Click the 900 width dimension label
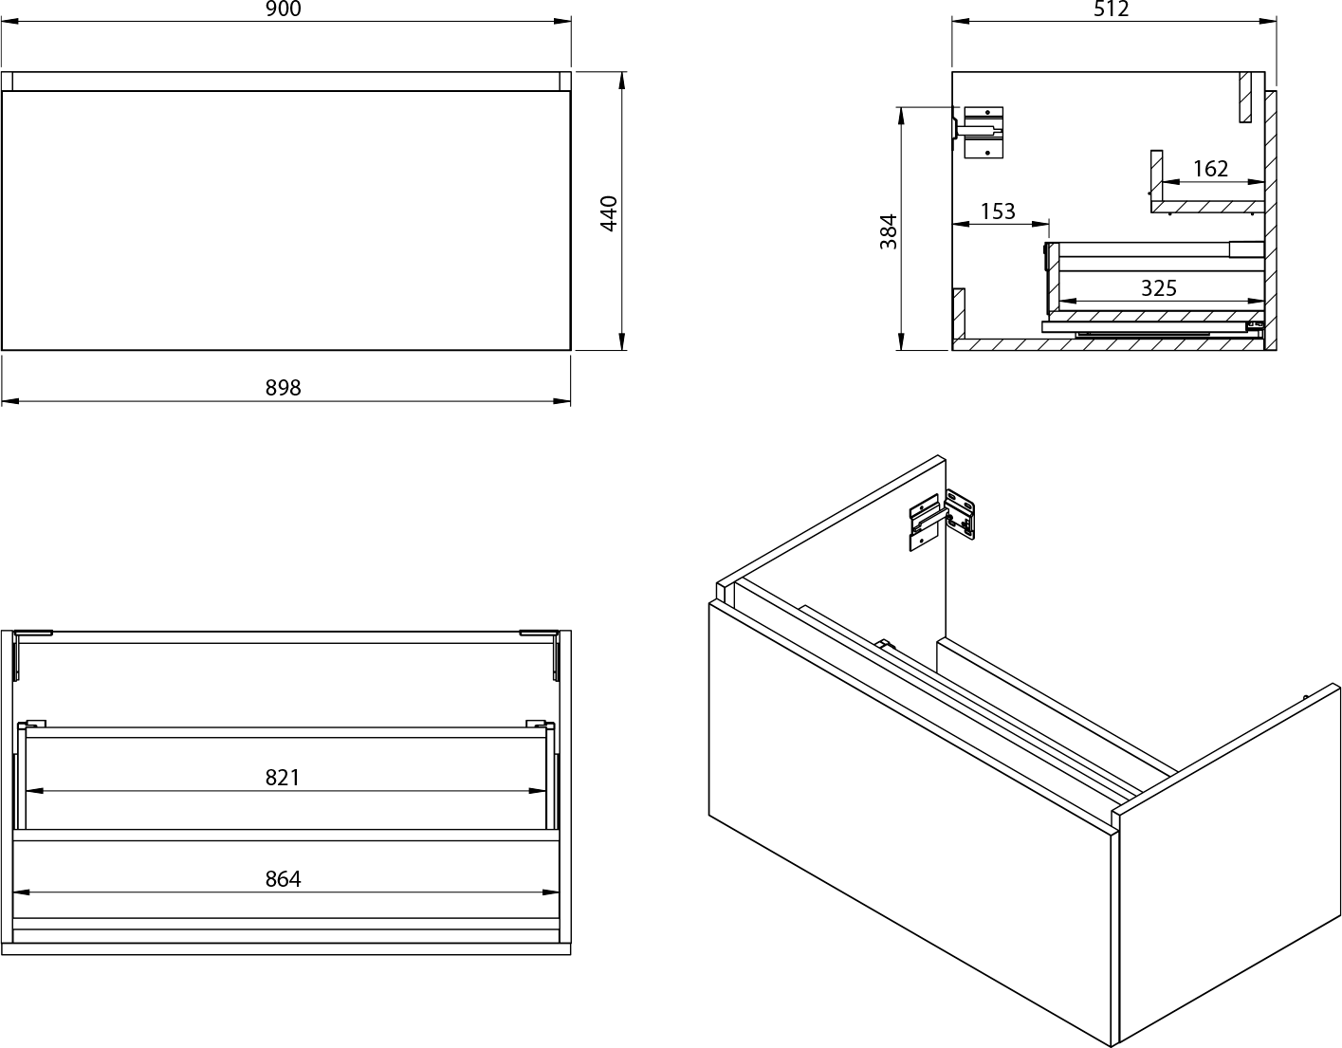coord(284,9)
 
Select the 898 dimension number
coord(284,388)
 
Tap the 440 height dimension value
coord(609,213)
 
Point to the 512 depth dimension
coord(1112,9)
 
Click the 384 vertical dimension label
coord(889,231)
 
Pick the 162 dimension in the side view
coord(1210,169)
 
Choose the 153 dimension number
coord(998,211)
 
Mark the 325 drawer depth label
coord(1159,287)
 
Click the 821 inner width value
coord(283,778)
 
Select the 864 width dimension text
coord(284,879)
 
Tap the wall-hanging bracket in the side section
coord(980,132)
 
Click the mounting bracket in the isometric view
coord(941,520)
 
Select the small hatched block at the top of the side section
coord(1245,97)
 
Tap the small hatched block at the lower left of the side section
coord(959,314)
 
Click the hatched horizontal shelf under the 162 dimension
coord(1207,207)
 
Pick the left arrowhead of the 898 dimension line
coord(9,401)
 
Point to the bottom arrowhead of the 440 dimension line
coord(622,341)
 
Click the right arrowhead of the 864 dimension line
coord(551,892)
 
